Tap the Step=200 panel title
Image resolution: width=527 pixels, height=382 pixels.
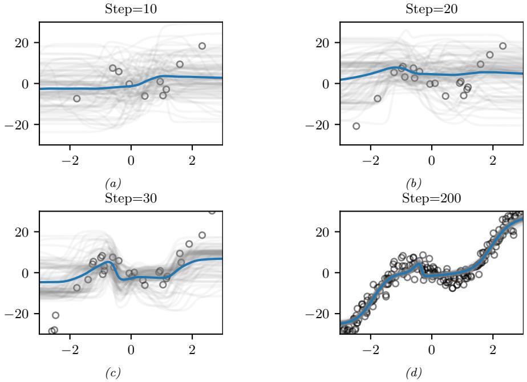(x=431, y=198)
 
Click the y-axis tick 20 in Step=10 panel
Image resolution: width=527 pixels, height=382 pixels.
(x=26, y=43)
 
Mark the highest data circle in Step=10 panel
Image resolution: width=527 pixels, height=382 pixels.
(x=202, y=46)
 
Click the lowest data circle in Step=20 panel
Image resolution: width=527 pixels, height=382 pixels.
(x=356, y=126)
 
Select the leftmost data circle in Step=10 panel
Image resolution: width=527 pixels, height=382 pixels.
(x=76, y=99)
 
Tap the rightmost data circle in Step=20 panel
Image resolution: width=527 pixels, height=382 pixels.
(x=502, y=46)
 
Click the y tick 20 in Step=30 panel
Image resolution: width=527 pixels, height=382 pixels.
(x=26, y=231)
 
